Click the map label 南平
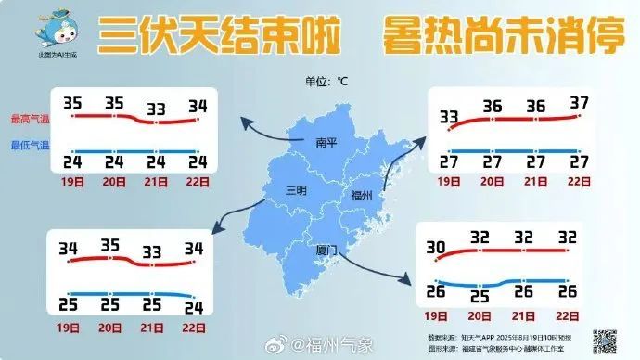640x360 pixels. click(x=326, y=143)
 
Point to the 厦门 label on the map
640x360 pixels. click(x=323, y=251)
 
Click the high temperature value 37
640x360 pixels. click(x=580, y=103)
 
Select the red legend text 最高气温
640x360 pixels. click(x=30, y=119)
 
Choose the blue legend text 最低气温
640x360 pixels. click(x=30, y=145)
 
